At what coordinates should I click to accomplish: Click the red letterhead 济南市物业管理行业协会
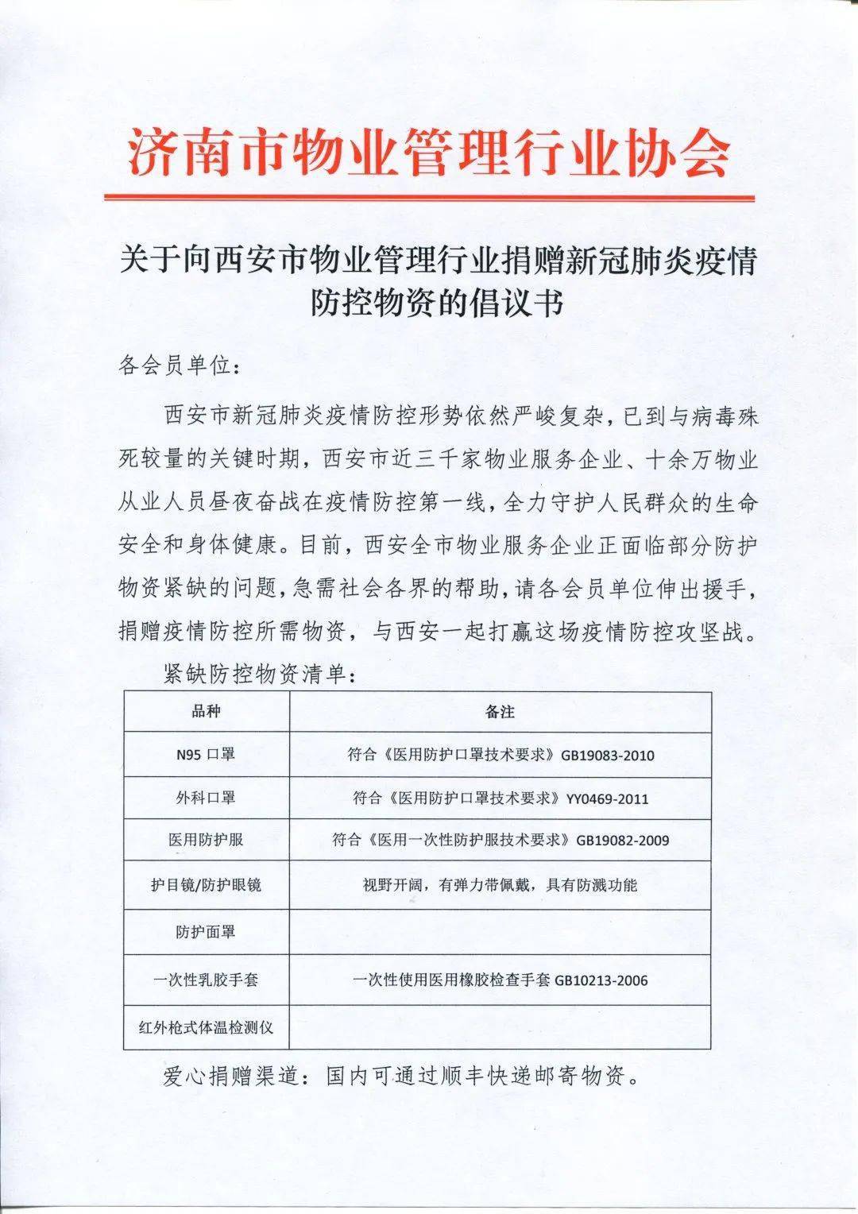click(x=428, y=152)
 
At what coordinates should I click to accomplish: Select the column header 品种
click(x=207, y=711)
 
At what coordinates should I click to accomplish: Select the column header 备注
click(x=500, y=712)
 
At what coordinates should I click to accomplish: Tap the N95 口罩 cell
click(x=206, y=755)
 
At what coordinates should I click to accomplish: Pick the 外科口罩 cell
click(x=206, y=797)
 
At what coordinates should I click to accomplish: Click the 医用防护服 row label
click(x=206, y=839)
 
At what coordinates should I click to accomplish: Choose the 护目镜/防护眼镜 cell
click(x=206, y=884)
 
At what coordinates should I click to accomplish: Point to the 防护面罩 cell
click(x=206, y=931)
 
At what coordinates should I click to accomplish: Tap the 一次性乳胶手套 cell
click(x=206, y=980)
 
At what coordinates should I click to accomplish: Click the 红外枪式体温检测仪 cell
click(x=206, y=1027)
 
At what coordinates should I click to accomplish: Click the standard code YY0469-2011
click(x=607, y=798)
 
